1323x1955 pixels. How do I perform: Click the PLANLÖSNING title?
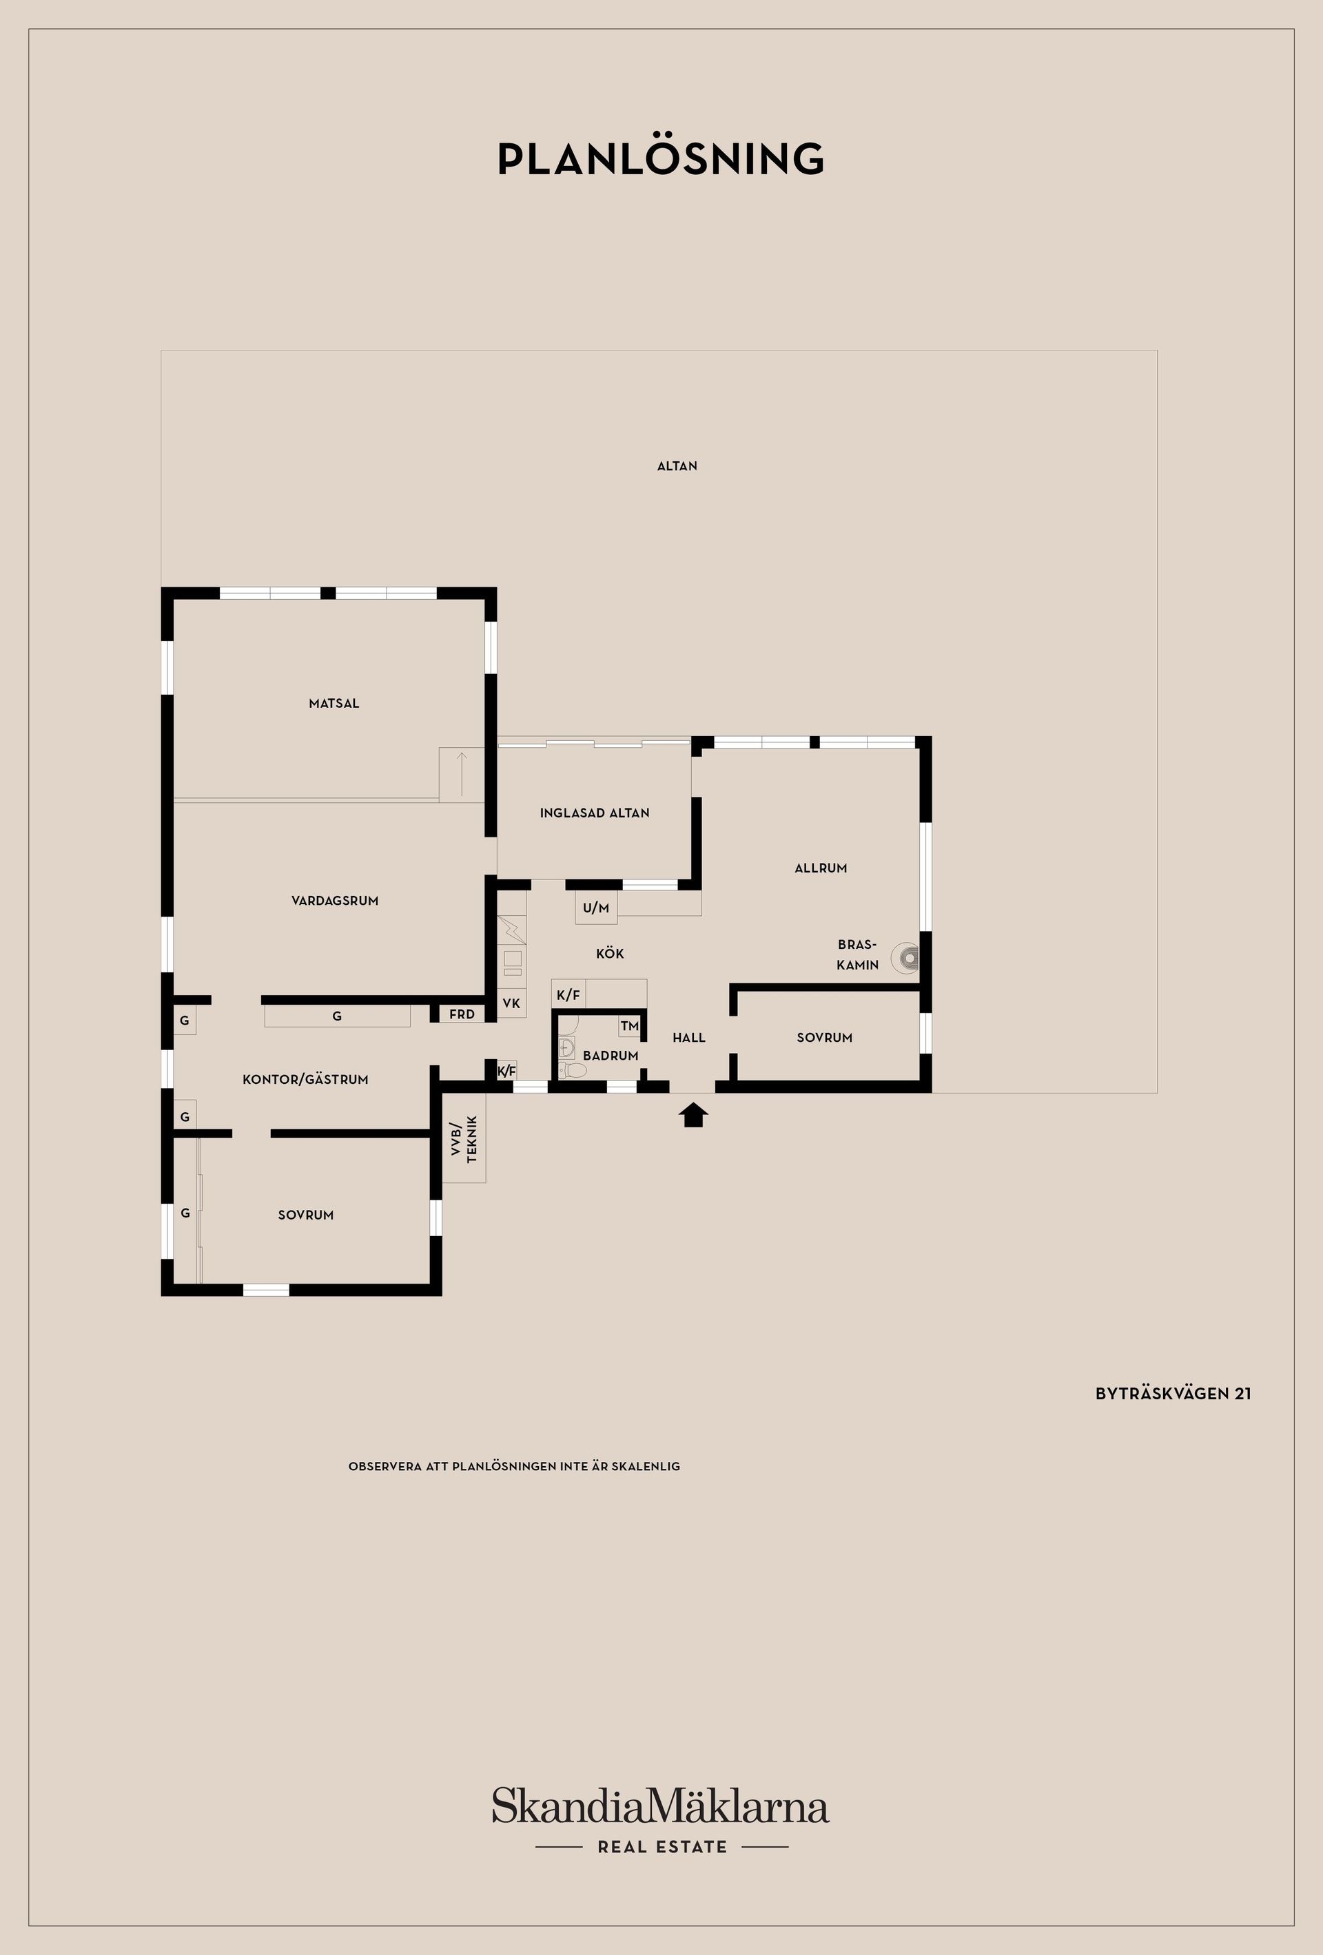661,159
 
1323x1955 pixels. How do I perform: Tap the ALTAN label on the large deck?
677,466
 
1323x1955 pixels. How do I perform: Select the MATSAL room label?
334,703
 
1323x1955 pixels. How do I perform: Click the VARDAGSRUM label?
335,900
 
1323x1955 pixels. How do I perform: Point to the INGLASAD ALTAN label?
594,813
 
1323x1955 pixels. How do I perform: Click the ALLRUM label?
821,867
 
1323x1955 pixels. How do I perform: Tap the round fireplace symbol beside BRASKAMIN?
907,956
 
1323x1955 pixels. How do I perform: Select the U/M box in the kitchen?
596,908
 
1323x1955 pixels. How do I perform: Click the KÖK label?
609,953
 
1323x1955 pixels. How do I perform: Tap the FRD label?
461,1014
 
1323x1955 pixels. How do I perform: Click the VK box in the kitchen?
511,1003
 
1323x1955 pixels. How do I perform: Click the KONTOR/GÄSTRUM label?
305,1079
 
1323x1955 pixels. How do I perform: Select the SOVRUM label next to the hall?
824,1037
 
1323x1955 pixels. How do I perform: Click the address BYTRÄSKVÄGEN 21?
1172,1394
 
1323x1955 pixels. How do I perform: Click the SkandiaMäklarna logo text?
661,1807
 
